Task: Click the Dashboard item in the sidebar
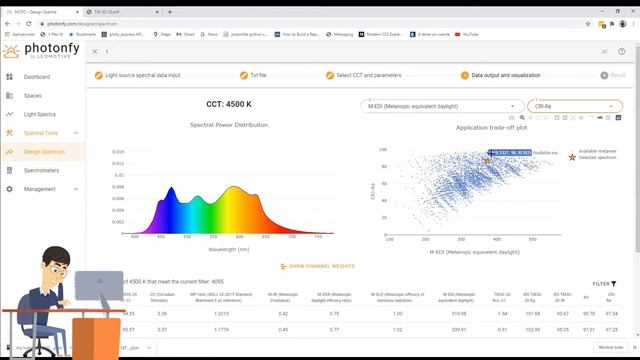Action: coord(37,76)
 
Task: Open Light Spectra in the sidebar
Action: coord(40,114)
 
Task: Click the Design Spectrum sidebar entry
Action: coord(44,151)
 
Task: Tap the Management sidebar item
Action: coord(40,188)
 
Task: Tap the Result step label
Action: coord(617,74)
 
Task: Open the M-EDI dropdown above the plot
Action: coord(440,105)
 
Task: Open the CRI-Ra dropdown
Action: coord(574,105)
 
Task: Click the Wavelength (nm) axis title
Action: coord(229,248)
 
